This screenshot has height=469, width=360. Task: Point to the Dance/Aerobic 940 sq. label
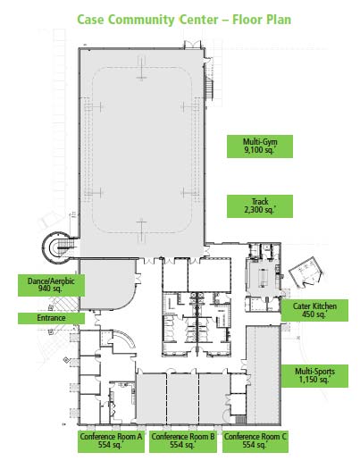[50, 285]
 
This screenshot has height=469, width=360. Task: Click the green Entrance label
[50, 318]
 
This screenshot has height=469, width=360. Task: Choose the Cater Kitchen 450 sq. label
[314, 309]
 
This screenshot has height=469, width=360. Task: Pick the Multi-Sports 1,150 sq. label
[314, 374]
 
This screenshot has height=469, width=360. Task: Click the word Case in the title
[90, 18]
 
